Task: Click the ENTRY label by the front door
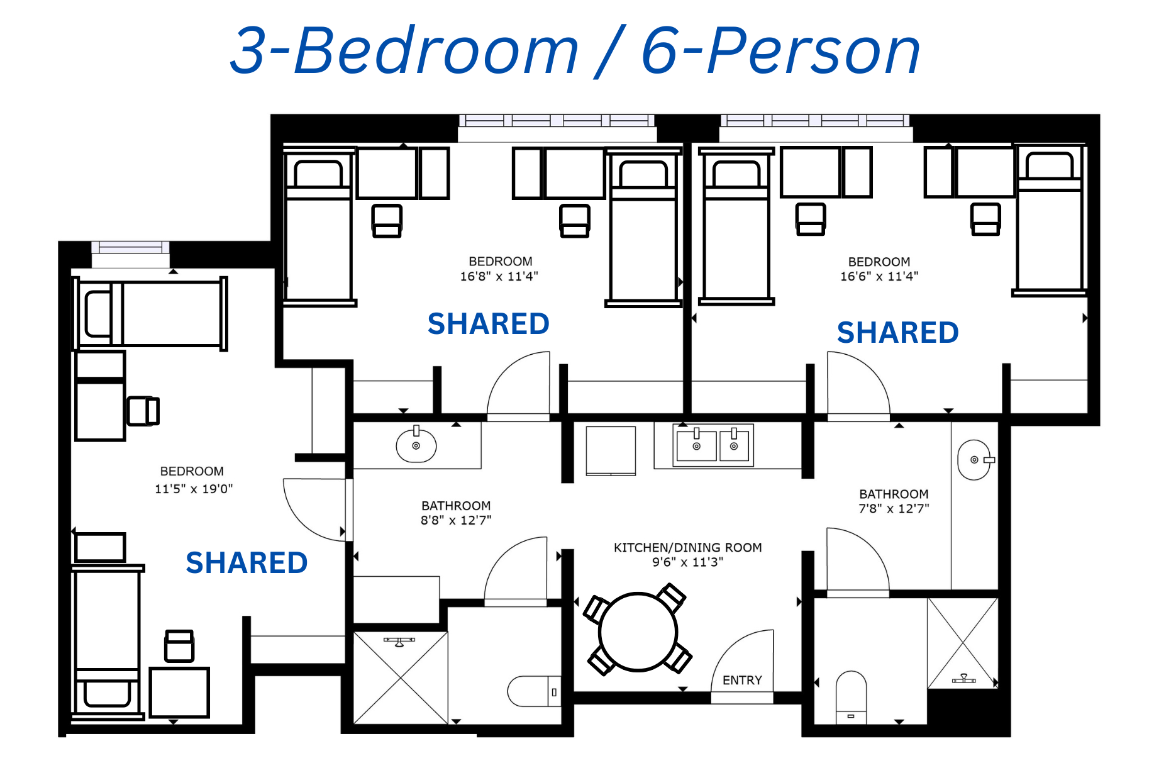pyautogui.click(x=742, y=680)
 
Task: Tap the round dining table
pyautogui.click(x=638, y=632)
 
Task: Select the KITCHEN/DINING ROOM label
pyautogui.click(x=687, y=547)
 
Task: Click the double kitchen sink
pyautogui.click(x=713, y=445)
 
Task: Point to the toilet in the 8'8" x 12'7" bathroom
pyautogui.click(x=534, y=691)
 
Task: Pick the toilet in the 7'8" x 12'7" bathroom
pyautogui.click(x=851, y=698)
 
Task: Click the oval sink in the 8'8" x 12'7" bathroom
pyautogui.click(x=416, y=445)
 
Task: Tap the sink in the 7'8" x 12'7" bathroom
pyautogui.click(x=975, y=460)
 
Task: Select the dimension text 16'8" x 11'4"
pyautogui.click(x=499, y=276)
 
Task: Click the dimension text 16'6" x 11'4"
pyautogui.click(x=879, y=276)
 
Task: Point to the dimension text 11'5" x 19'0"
pyautogui.click(x=194, y=489)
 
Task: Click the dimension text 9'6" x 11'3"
pyautogui.click(x=687, y=562)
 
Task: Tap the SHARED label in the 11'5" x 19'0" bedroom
pyautogui.click(x=247, y=562)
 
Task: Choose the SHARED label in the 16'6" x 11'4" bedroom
pyautogui.click(x=897, y=332)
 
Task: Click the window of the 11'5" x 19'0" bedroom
pyautogui.click(x=130, y=247)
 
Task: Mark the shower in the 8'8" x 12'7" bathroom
pyautogui.click(x=401, y=677)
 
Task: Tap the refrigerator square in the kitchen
pyautogui.click(x=611, y=450)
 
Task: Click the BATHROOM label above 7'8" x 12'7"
pyautogui.click(x=894, y=494)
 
